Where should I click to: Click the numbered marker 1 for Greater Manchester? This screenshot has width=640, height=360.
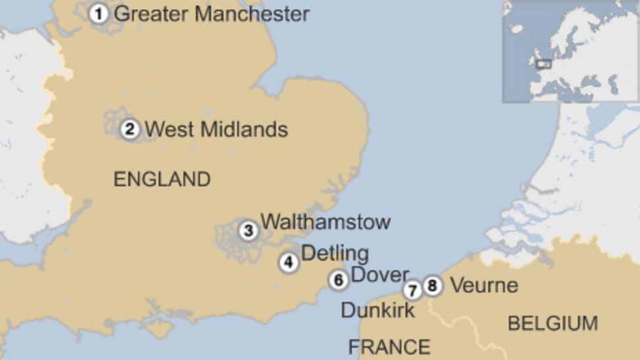pos(98,13)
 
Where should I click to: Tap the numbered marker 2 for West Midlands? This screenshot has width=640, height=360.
pos(130,129)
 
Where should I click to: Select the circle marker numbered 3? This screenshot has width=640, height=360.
pos(248,231)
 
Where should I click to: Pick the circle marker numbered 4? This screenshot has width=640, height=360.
pos(289,263)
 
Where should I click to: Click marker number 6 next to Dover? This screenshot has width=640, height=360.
pos(338,280)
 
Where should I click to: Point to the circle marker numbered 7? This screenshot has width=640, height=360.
pos(412,290)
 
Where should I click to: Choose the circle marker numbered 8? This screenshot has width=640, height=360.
pos(431,286)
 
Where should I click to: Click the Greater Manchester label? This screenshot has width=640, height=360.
pos(211,14)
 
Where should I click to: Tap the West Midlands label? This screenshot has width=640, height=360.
pos(216,129)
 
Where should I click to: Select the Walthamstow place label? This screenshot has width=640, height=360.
pos(325,222)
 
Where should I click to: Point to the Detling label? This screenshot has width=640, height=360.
pos(334,253)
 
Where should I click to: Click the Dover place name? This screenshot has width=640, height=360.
pos(380,275)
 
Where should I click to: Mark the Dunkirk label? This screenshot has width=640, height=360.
pos(377,310)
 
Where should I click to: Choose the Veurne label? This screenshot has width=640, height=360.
pos(484,285)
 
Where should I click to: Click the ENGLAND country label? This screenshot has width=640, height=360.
pos(162,179)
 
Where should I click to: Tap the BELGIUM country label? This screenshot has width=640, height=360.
pos(552,323)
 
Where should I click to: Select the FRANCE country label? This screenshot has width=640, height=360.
pos(389,346)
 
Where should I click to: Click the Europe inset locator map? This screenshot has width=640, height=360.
pos(570,51)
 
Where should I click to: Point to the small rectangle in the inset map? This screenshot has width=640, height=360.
pos(544,64)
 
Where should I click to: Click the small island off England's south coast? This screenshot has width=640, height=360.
pos(159,326)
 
